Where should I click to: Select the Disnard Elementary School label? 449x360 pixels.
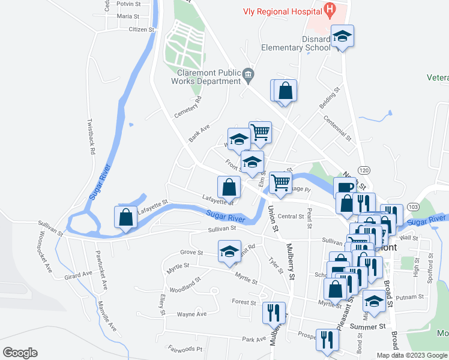296,44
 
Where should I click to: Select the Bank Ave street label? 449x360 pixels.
199,133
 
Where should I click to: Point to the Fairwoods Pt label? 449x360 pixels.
186,349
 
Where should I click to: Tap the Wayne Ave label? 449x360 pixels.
191,314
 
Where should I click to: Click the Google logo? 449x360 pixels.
20,353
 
